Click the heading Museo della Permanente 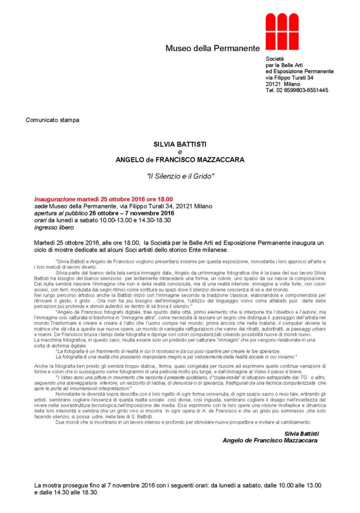point(213,49)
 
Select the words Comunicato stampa point(52,120)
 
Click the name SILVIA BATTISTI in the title point(180,143)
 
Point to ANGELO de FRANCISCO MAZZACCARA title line point(180,160)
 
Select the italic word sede point(40,206)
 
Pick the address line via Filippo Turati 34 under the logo point(289,78)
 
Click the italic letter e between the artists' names point(180,151)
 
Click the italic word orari point(40,220)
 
